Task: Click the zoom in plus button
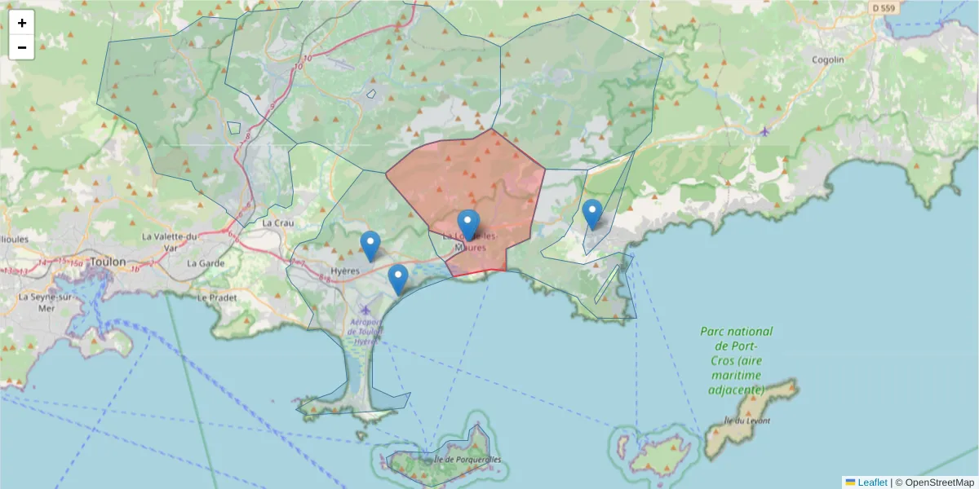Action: point(22,23)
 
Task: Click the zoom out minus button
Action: point(22,47)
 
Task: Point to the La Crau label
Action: point(277,222)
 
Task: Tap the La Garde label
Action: point(205,263)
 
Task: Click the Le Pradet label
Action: point(216,297)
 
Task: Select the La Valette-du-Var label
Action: point(170,241)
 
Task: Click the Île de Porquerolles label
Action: point(467,460)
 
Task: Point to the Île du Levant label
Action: point(747,421)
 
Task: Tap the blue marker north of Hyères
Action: point(370,245)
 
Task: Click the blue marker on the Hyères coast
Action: point(398,279)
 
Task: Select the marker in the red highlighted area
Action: point(468,224)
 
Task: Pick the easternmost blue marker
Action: point(592,214)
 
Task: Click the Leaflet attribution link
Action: point(871,482)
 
